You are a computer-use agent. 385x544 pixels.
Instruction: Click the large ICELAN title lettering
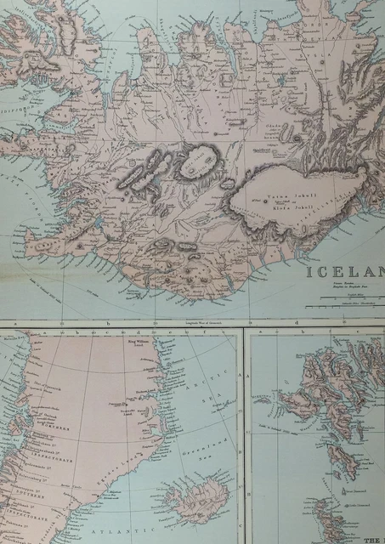point(344,275)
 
